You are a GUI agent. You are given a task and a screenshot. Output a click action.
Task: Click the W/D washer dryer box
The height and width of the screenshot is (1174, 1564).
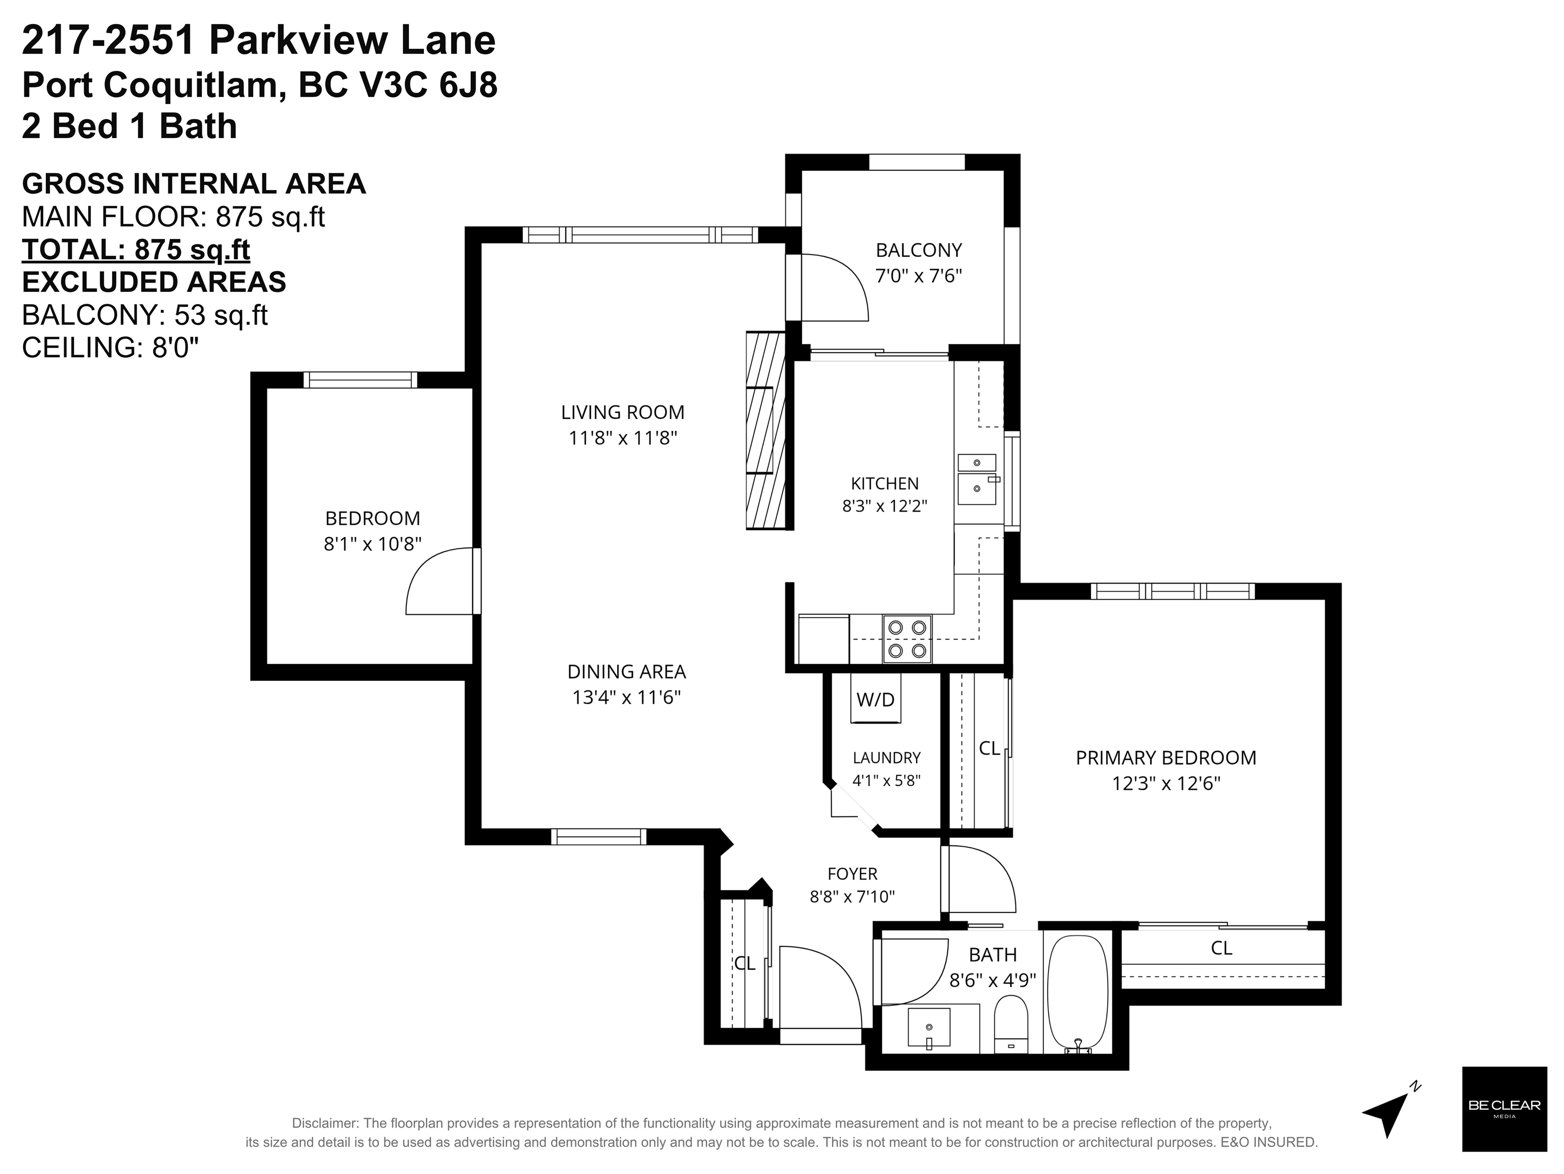[875, 699]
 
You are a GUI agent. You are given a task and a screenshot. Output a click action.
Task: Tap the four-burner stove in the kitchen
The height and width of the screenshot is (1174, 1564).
[907, 638]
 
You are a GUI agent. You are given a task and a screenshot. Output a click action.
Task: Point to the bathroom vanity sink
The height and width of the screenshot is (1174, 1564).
[929, 1028]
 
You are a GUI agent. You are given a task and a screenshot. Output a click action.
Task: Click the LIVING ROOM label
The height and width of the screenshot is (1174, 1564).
[623, 412]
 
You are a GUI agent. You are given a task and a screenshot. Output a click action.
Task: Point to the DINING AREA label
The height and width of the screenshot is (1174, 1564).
[626, 672]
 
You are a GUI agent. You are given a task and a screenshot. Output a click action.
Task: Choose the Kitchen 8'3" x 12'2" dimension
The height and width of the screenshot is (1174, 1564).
[885, 505]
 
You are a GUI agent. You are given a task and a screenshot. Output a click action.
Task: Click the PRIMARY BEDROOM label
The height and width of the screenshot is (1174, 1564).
[1166, 758]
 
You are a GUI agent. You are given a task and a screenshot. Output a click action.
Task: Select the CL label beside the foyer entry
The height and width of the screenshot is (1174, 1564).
[745, 963]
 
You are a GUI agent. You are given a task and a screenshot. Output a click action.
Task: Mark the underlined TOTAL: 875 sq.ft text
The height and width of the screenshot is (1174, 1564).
[136, 250]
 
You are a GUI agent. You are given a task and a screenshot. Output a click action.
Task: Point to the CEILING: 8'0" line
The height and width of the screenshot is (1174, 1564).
[111, 348]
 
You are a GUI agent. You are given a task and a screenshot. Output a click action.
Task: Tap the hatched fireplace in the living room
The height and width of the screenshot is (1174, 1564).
[766, 430]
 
